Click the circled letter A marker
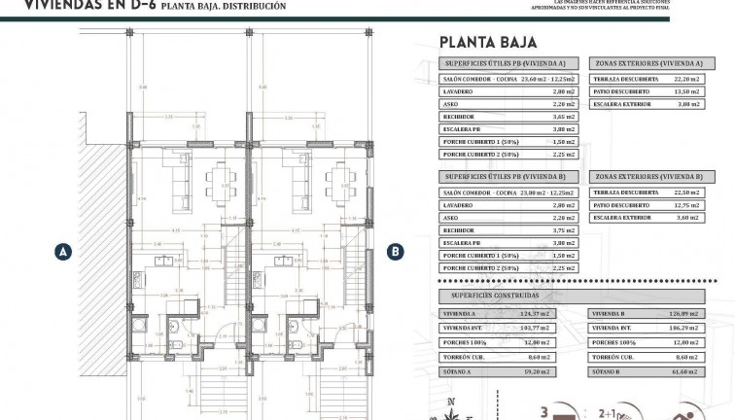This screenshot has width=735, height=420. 62,251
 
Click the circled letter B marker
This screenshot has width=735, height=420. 396,251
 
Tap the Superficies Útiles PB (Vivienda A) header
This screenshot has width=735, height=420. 509,62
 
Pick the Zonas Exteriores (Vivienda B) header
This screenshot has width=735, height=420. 649,177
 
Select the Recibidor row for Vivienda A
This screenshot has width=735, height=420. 509,116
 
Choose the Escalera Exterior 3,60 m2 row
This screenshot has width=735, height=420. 649,218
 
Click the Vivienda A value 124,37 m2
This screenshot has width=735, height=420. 538,314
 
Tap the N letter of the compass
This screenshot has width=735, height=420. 450,402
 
